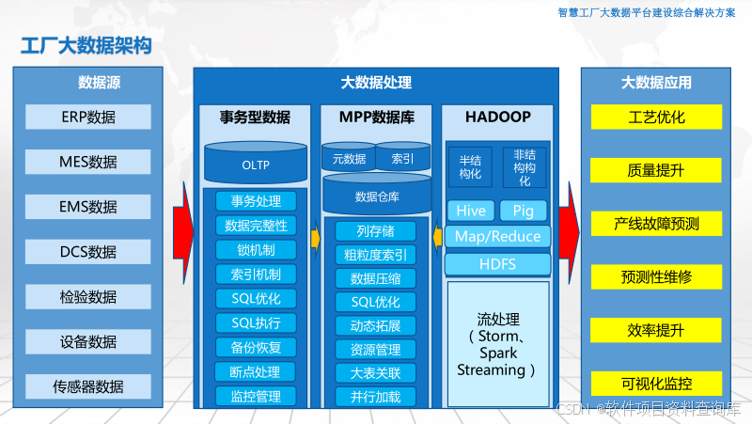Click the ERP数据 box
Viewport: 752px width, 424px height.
pyautogui.click(x=88, y=117)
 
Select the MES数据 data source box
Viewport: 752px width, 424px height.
pyautogui.click(x=88, y=162)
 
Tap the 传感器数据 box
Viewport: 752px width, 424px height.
pyautogui.click(x=88, y=385)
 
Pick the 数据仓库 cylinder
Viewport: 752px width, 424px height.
pyautogui.click(x=376, y=196)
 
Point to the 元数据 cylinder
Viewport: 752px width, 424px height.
pyautogui.click(x=349, y=158)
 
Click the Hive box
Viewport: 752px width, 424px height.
pyautogui.click(x=470, y=211)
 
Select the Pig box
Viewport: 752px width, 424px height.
pyautogui.click(x=523, y=211)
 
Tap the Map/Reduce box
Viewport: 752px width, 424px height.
pyautogui.click(x=497, y=237)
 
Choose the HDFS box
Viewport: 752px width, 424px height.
pyautogui.click(x=497, y=264)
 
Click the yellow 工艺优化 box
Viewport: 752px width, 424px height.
pyautogui.click(x=656, y=118)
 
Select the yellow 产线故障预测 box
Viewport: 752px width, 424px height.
pyautogui.click(x=656, y=224)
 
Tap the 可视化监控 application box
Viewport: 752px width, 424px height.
pyautogui.click(x=656, y=384)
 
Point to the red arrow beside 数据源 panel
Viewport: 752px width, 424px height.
pyautogui.click(x=182, y=226)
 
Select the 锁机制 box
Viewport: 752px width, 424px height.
pyautogui.click(x=256, y=250)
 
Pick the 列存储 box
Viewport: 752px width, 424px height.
pyautogui.click(x=376, y=230)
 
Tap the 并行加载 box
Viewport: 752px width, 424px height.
pyautogui.click(x=376, y=397)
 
